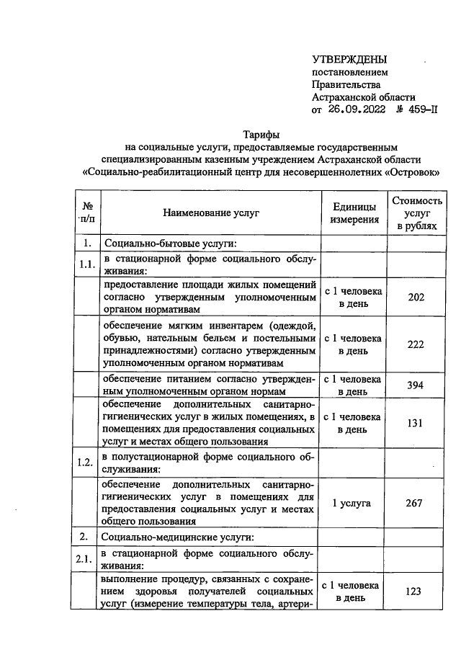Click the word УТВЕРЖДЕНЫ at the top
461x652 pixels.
coord(349,59)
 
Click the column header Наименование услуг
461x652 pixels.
coord(210,213)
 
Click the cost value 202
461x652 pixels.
coord(415,298)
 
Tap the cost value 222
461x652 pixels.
coord(415,344)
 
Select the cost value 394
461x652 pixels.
coord(415,385)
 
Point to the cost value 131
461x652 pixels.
coord(415,423)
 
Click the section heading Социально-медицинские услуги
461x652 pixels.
coord(178,537)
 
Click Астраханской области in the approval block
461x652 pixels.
coord(364,97)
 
